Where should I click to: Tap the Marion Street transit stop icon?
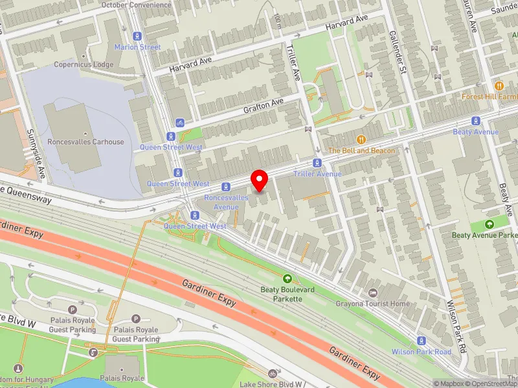coord(137,37)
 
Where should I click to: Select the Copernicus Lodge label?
coord(84,65)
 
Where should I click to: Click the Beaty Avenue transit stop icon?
coord(476,121)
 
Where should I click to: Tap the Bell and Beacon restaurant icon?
coord(361,140)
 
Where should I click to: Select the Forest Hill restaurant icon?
coord(499,85)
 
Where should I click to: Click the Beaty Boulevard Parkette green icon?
coord(287,279)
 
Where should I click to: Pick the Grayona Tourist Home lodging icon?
coord(372,293)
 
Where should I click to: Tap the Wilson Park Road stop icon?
coord(422,341)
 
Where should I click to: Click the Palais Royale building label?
coord(122,378)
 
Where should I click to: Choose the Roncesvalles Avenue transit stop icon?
coord(226,187)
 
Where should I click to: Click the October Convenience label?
coord(137,5)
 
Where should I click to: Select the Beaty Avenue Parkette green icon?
coord(490,224)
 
